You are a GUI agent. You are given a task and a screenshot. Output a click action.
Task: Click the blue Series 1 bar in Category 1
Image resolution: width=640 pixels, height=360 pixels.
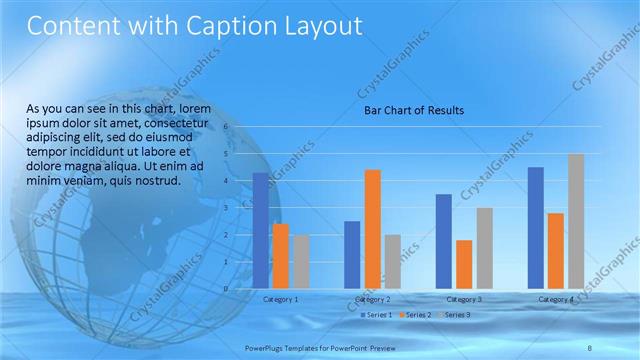pyautogui.click(x=260, y=230)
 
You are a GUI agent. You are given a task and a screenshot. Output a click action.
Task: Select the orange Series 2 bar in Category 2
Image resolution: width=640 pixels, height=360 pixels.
pyautogui.click(x=372, y=228)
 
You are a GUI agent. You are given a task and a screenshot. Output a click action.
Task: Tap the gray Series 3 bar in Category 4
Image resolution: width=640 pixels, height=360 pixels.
pyautogui.click(x=576, y=221)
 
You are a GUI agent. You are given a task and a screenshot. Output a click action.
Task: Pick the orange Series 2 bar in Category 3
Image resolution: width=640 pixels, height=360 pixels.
pyautogui.click(x=464, y=264)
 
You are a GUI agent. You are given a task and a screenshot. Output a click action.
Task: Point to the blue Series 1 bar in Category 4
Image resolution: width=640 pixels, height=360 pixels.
pyautogui.click(x=535, y=227)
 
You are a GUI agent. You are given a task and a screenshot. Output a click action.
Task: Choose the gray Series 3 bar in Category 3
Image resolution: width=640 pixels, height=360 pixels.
pyautogui.click(x=484, y=248)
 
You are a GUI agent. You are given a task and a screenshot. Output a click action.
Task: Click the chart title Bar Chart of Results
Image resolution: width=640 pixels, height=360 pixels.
pyautogui.click(x=413, y=110)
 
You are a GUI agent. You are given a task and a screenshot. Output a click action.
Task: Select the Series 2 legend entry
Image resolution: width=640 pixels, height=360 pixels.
pyautogui.click(x=415, y=315)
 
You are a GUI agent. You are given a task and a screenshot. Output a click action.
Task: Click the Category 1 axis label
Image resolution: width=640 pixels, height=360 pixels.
pyautogui.click(x=280, y=299)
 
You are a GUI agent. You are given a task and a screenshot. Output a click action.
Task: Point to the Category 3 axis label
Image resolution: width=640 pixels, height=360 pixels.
pyautogui.click(x=464, y=299)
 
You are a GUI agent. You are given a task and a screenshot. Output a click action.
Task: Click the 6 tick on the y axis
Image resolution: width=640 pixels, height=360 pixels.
pyautogui.click(x=226, y=127)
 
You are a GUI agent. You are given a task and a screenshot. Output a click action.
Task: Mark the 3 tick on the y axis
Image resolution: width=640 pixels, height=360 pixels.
pyautogui.click(x=226, y=208)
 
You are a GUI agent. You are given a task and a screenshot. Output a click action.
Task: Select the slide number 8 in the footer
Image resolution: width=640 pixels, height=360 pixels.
pyautogui.click(x=590, y=346)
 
